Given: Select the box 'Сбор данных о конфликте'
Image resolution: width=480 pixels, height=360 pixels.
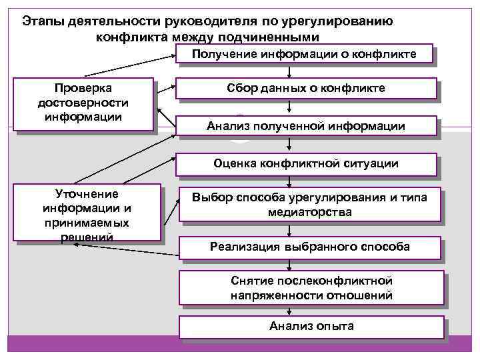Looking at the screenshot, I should (305, 89).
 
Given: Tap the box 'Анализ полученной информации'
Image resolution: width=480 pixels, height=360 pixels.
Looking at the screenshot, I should (305, 125).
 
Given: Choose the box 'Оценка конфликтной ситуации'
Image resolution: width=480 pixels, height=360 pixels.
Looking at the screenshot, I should (305, 163).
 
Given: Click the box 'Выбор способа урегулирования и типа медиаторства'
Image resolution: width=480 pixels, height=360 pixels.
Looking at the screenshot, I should (309, 205).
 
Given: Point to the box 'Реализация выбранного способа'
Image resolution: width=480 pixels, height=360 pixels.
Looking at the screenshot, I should (309, 247).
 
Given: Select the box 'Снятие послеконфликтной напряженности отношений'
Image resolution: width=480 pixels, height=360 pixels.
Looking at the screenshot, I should (311, 288).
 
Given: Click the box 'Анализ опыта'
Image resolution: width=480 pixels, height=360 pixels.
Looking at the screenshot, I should (311, 326).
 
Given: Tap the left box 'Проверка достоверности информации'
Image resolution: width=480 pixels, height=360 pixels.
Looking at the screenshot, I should (83, 103).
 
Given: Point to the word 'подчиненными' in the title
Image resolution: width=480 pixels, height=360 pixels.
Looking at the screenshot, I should (271, 37).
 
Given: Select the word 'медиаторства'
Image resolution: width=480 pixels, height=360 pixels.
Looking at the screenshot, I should (309, 212).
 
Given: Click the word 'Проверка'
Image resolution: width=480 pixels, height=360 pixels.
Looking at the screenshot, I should (83, 89).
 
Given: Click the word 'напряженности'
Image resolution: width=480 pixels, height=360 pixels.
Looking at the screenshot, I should (274, 295).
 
